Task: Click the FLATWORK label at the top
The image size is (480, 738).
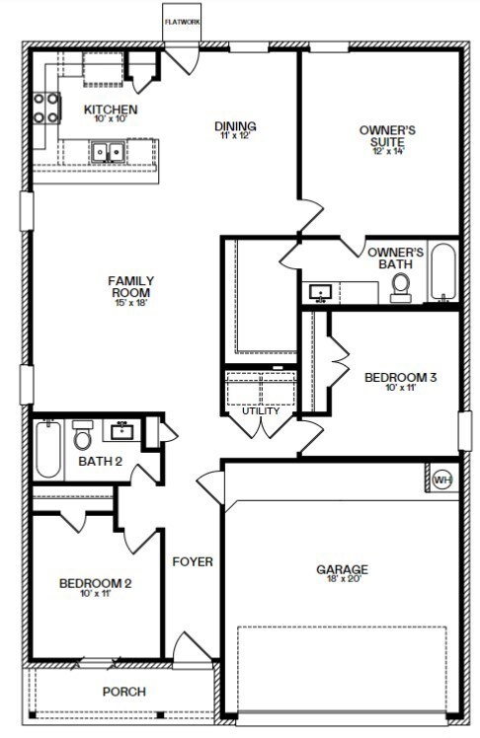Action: pos(183,22)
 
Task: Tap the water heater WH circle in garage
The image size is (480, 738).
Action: pos(442,480)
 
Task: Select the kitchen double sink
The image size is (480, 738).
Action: pos(108,152)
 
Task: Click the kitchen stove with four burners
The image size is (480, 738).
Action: pos(46,108)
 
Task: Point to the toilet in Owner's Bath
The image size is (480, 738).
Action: pos(401,287)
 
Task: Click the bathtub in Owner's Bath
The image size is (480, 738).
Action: pos(442,271)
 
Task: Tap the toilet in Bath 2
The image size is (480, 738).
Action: pos(82,435)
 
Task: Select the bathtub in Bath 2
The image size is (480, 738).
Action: pos(48,449)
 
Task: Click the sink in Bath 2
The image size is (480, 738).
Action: pos(122,430)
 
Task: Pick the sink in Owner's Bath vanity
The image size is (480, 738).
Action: pos(321,293)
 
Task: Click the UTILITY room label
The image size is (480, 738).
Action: pos(261,410)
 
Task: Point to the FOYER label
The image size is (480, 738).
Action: pos(193,561)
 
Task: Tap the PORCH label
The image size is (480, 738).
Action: pos(124,692)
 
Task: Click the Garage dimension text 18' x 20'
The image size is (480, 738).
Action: pos(344,579)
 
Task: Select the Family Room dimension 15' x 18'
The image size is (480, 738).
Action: pos(131,302)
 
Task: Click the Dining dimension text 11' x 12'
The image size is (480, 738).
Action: pos(235,135)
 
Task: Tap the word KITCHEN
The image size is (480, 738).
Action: pos(111,110)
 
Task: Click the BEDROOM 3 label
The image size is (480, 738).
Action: pos(400,377)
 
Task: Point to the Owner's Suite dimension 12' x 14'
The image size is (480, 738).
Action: pos(388,152)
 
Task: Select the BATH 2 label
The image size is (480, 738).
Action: pos(101,462)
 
